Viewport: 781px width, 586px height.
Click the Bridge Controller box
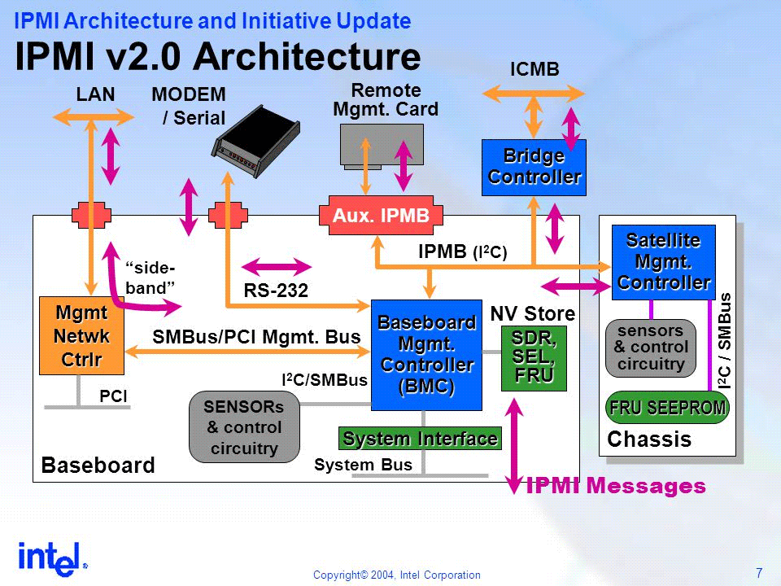click(534, 167)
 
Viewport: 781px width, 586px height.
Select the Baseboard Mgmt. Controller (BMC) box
click(426, 355)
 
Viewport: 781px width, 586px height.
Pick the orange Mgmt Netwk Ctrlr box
click(79, 335)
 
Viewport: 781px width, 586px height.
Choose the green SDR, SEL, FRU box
click(533, 357)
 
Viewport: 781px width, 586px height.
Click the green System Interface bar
click(420, 439)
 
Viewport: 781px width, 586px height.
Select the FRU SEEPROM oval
click(667, 408)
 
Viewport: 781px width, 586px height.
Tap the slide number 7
click(758, 571)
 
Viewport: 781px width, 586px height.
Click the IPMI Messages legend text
click(616, 487)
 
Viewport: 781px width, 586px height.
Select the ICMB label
click(534, 70)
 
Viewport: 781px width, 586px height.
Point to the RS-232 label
click(276, 290)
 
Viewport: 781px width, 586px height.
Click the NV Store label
click(532, 313)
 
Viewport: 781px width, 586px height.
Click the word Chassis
click(649, 440)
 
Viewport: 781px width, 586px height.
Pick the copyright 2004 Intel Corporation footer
click(397, 575)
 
